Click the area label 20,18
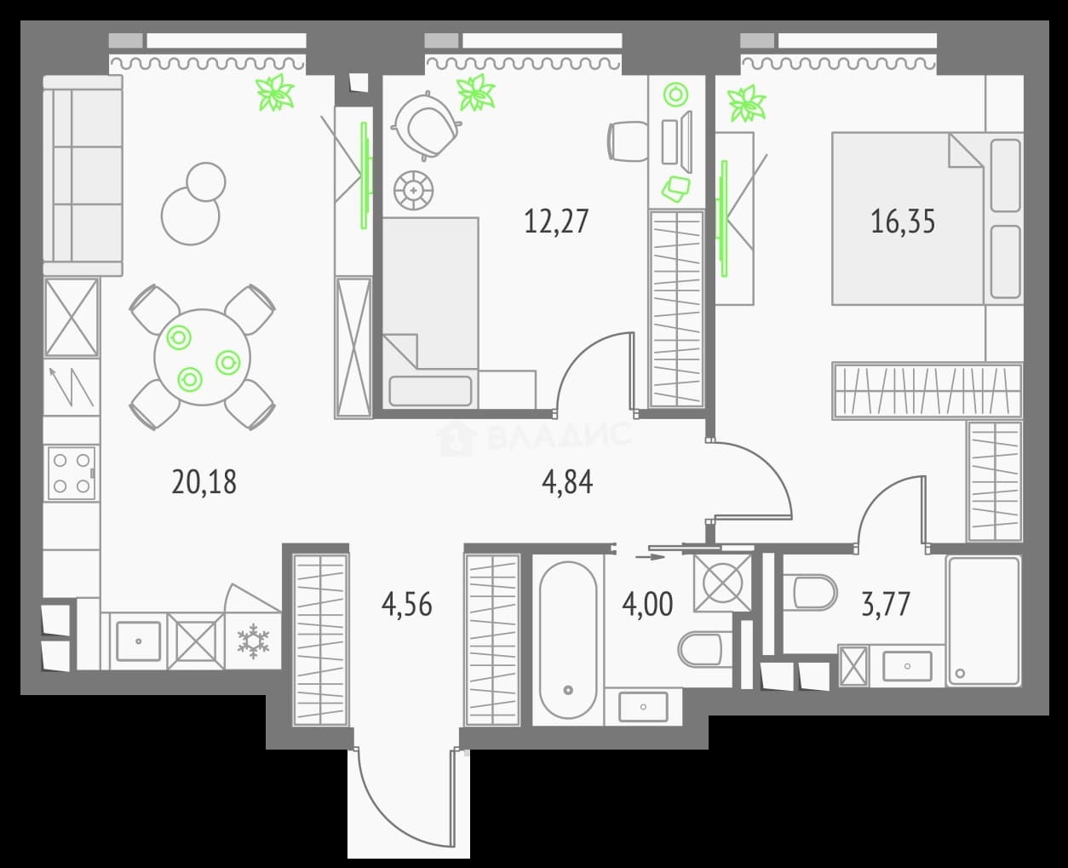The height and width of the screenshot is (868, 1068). point(204,482)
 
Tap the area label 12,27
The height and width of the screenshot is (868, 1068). point(556,221)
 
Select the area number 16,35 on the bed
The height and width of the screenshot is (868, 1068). point(903,221)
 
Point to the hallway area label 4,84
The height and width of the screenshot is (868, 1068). point(567,482)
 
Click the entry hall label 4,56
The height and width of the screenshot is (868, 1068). point(406,605)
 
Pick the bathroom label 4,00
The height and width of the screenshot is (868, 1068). point(647,605)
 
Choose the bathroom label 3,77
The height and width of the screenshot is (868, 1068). point(886,605)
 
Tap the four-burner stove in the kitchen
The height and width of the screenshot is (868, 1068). point(72,473)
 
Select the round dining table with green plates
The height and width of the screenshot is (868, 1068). point(202,357)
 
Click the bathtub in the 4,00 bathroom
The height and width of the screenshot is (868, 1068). point(568,641)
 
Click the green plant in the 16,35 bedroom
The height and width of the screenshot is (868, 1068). point(747,104)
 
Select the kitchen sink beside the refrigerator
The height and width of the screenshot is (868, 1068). point(138,641)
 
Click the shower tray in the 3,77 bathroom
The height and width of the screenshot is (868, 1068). point(984,621)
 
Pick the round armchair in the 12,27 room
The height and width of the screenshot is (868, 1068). point(426,126)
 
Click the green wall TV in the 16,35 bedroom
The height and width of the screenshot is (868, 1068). point(724,218)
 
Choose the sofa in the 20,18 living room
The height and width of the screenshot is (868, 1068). point(83,175)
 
